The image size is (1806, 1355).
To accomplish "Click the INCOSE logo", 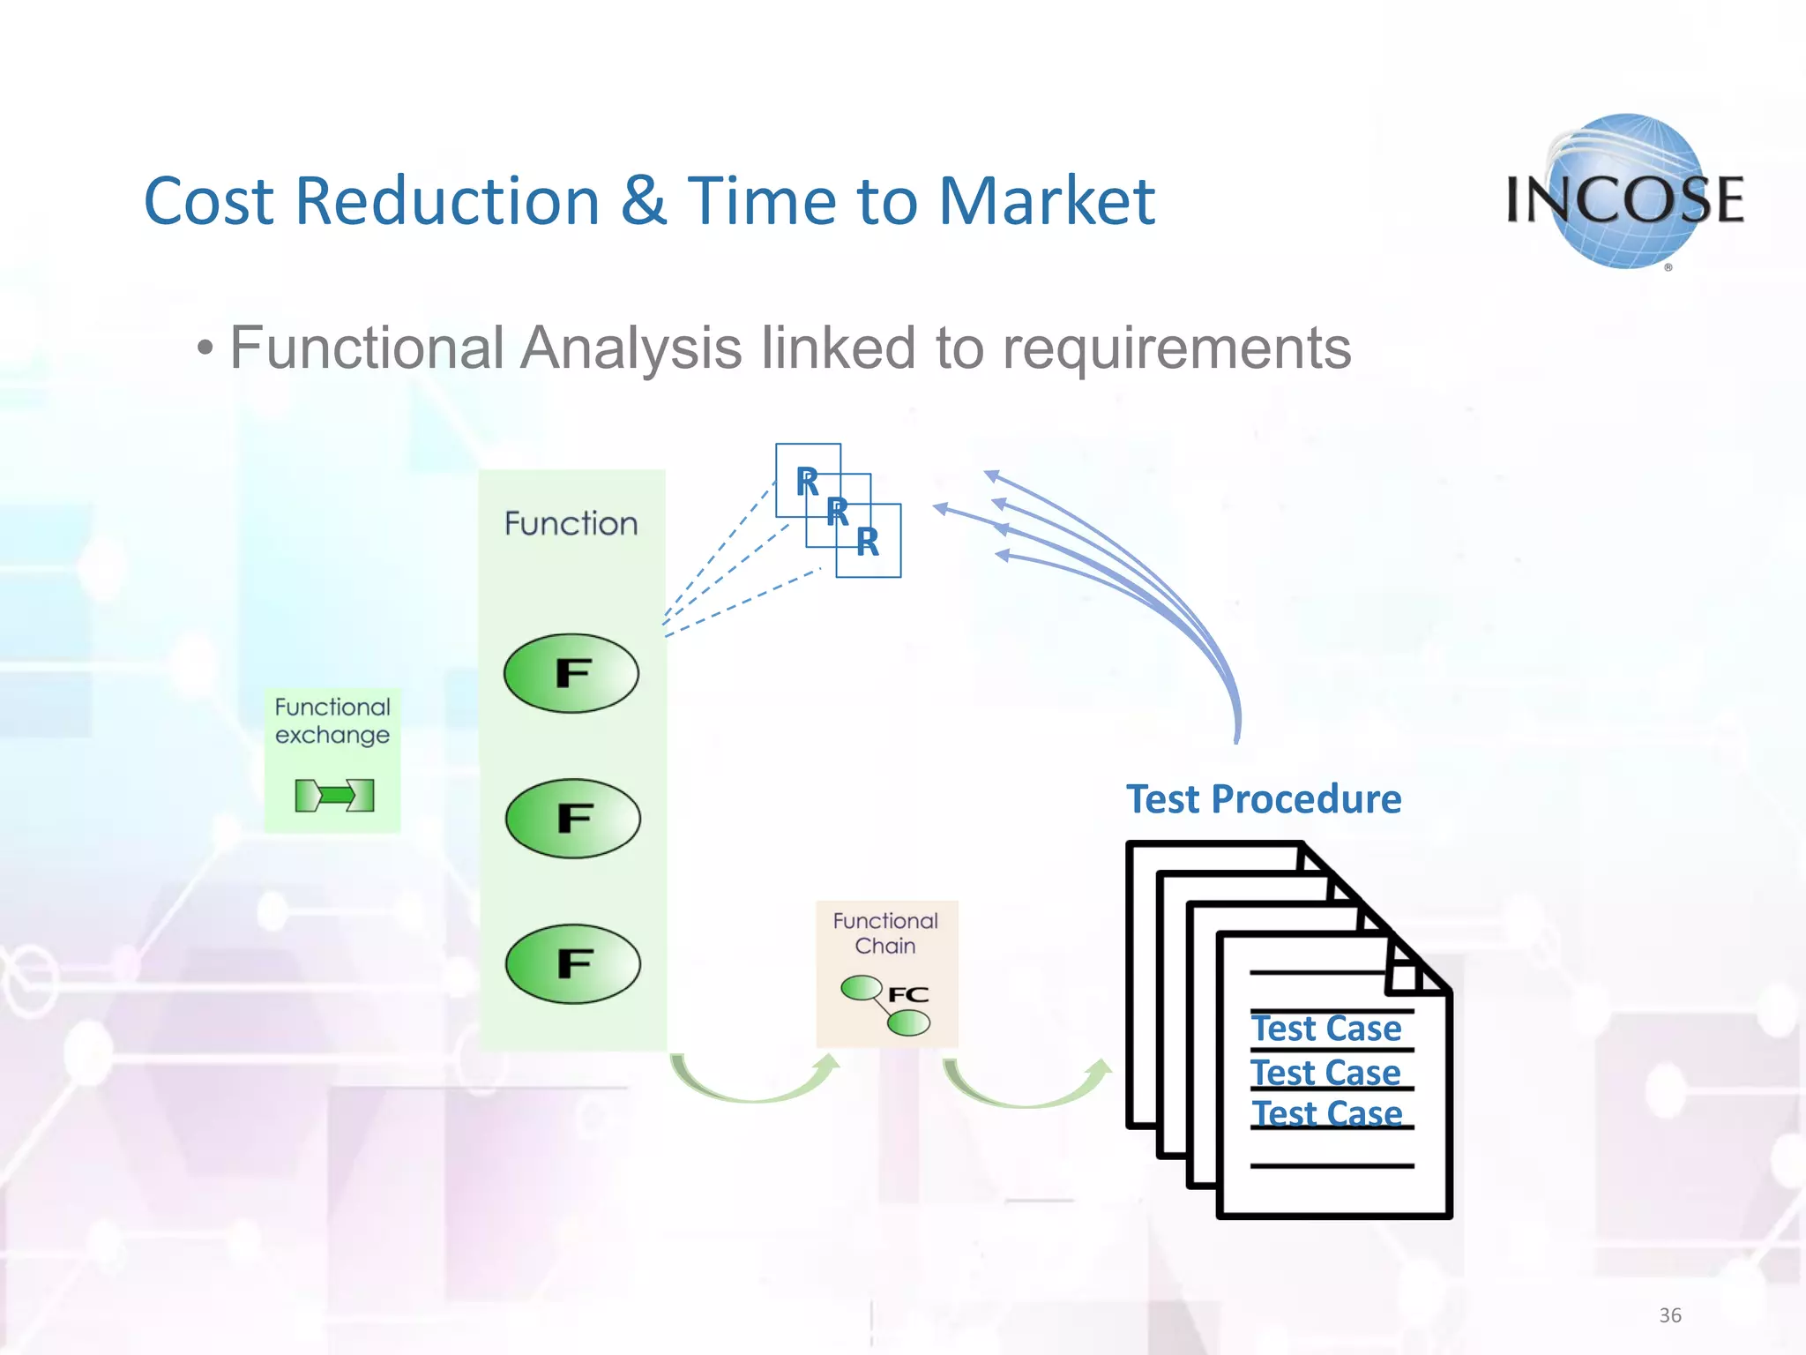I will click(1624, 194).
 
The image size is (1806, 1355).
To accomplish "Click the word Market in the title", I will click(1046, 201).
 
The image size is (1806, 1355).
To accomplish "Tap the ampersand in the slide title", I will click(643, 201).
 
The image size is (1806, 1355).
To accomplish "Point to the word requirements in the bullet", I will click(1176, 348).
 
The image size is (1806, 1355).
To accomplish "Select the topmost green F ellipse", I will click(571, 673).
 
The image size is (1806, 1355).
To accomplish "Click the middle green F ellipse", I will click(572, 819).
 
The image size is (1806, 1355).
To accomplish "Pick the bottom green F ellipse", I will click(572, 963).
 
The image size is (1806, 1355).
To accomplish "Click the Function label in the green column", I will click(571, 524).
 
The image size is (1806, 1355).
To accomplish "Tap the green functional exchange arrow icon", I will click(334, 795).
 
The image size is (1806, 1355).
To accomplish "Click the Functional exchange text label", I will click(332, 721).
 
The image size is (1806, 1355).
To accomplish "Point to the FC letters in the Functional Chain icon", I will click(908, 995).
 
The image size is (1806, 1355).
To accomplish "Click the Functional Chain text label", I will click(885, 933).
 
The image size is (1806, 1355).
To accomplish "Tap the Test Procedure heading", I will click(1263, 799).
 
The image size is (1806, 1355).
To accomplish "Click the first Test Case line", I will click(1326, 1029).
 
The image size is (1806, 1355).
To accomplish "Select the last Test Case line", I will click(1327, 1113).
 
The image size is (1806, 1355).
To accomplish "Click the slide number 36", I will click(1669, 1315).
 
